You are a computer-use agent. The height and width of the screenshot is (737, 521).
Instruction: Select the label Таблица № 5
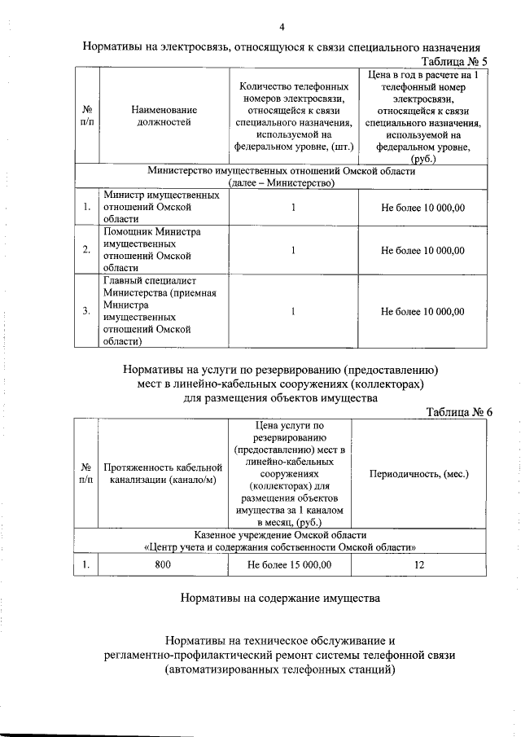coord(453,62)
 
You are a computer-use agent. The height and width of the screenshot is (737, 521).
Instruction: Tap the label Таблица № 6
coord(459,412)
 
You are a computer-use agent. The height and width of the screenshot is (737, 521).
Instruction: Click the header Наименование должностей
coord(164,116)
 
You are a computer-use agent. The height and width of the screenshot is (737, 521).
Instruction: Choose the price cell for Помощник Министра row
coord(422,250)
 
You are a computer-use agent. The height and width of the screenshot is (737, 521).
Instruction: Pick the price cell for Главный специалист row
coord(422,311)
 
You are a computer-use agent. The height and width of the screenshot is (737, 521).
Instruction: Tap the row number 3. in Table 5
coord(86,311)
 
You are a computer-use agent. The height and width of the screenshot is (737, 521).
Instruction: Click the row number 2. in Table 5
coord(86,250)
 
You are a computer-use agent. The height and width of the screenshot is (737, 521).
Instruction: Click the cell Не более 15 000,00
coord(289,563)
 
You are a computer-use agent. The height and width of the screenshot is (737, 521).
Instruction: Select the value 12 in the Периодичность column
coord(419,563)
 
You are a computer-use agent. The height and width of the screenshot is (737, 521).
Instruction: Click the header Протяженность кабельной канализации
coord(163,473)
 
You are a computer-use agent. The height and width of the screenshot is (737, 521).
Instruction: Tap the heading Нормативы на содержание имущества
coord(280,599)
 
